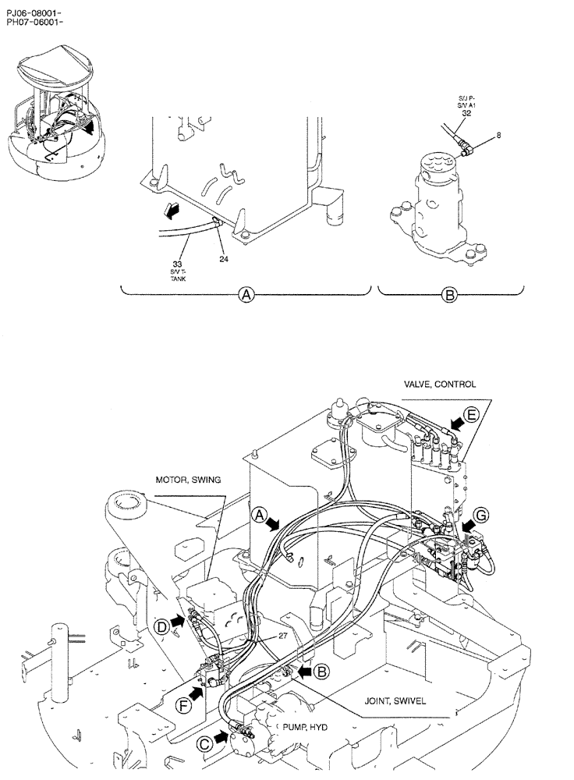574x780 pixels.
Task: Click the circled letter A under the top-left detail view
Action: click(246, 295)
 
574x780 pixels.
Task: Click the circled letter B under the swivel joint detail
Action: click(449, 295)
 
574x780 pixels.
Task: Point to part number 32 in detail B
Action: click(466, 112)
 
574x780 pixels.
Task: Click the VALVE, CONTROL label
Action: click(439, 384)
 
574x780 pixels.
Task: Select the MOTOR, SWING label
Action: click(188, 479)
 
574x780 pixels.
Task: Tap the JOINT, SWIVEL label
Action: click(395, 700)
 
